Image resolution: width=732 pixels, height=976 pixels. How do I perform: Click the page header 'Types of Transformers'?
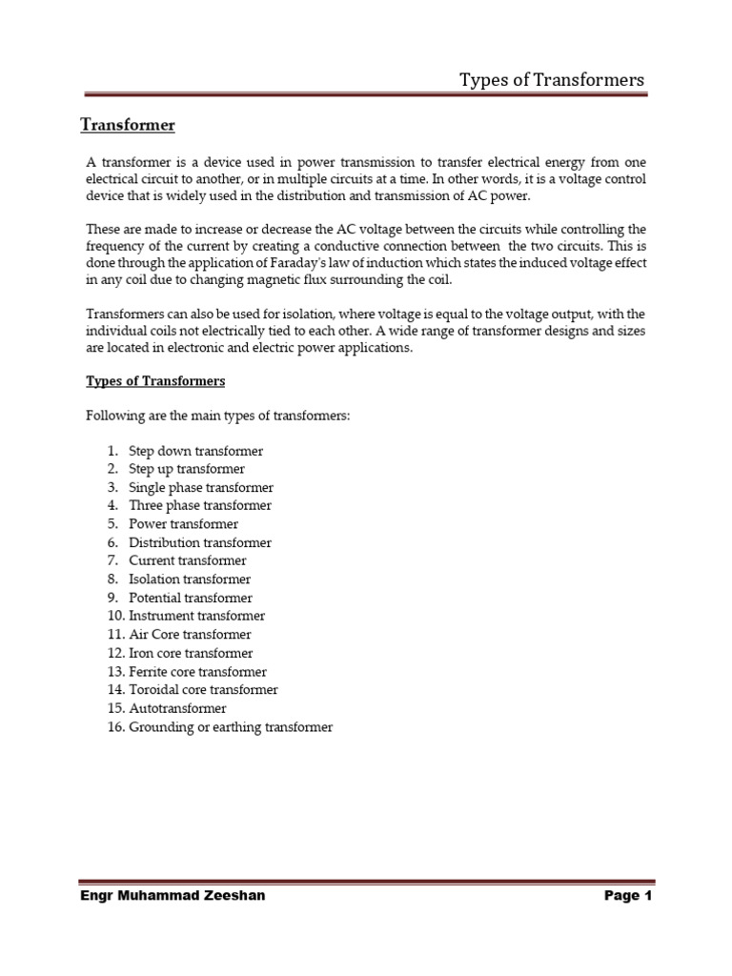coord(552,79)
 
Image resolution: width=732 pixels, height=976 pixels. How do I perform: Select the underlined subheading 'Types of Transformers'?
coord(155,381)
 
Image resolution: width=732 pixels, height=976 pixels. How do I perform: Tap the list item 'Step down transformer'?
coord(195,451)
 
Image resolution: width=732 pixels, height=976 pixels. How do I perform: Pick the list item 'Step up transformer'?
coord(187,469)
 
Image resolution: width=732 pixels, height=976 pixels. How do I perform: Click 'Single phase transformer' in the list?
coord(200,487)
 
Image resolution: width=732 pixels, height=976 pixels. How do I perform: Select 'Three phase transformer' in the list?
coord(200,505)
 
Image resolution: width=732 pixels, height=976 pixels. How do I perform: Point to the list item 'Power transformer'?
coord(183,524)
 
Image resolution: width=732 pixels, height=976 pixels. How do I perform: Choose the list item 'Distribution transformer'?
coord(200,542)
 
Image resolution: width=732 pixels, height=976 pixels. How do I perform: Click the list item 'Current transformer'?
coord(187,560)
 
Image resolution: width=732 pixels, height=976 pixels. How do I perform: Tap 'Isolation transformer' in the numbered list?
coord(190,579)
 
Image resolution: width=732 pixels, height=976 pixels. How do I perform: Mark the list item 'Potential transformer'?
coord(191,598)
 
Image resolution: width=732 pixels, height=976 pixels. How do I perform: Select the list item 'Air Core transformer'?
coord(190,634)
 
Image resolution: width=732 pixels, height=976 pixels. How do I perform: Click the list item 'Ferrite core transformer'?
coord(197,671)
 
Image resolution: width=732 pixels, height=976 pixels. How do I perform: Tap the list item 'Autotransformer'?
coord(177,708)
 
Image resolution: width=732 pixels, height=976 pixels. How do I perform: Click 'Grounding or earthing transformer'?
coord(231,726)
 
